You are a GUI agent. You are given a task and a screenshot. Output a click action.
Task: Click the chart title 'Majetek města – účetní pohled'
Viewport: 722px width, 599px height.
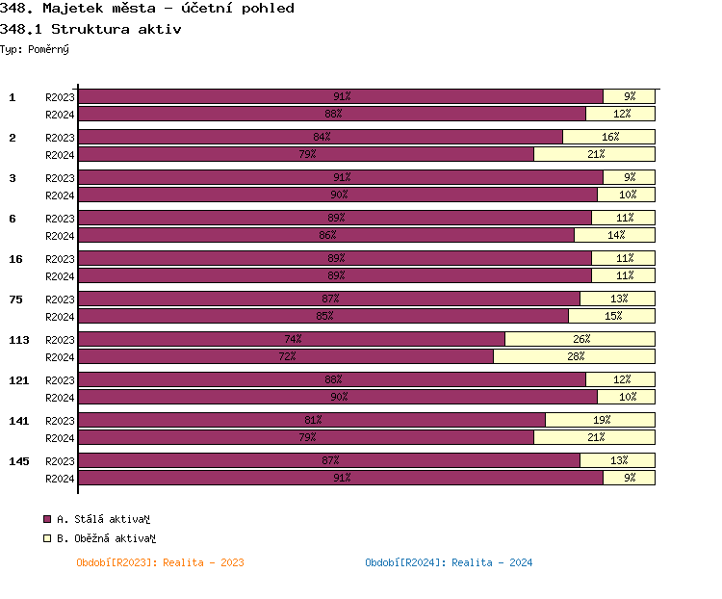coord(168,9)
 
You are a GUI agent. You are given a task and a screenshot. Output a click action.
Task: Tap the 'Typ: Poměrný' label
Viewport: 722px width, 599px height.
coord(35,48)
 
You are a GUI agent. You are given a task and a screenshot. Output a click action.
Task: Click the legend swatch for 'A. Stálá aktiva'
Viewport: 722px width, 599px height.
coord(47,519)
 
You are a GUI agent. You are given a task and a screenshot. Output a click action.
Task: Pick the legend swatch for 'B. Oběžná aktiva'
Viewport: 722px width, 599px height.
coord(47,538)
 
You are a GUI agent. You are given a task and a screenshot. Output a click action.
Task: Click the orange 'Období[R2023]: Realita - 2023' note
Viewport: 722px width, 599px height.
coord(160,562)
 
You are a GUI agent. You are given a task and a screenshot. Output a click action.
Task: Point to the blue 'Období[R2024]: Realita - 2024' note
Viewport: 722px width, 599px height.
coord(449,562)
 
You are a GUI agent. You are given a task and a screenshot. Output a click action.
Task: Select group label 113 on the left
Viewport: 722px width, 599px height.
coord(19,339)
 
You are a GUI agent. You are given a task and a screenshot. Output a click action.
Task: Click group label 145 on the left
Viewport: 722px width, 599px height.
coord(19,460)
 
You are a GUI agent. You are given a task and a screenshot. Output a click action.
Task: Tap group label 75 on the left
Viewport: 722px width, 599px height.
coord(16,299)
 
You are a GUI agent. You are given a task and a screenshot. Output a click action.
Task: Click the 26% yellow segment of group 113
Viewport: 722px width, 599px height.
coord(580,339)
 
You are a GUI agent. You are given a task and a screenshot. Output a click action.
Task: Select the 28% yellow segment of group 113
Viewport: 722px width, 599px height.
coord(574,356)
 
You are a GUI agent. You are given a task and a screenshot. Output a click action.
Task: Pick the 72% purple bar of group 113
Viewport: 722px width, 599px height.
coord(286,356)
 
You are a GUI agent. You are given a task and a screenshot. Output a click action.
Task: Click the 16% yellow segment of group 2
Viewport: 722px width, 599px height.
coord(608,137)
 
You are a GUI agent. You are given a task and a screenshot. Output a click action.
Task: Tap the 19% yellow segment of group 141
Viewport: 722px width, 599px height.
coord(600,420)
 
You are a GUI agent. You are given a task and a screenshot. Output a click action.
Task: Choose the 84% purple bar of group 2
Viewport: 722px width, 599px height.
coord(321,137)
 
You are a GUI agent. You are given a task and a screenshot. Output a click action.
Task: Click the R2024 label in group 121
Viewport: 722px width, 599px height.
coord(60,397)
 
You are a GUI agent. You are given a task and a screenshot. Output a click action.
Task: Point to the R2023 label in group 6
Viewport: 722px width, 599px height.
coord(60,218)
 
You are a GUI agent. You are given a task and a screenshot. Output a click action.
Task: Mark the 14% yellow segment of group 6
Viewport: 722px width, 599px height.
coord(614,235)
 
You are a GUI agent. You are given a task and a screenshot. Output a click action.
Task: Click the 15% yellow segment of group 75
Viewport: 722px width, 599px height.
coord(611,316)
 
